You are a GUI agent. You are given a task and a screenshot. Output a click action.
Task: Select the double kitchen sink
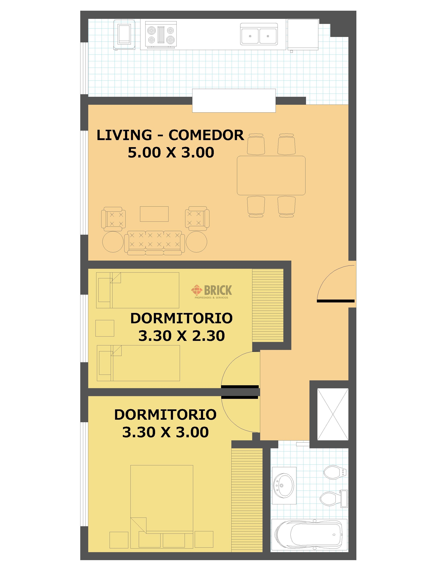click(258, 34)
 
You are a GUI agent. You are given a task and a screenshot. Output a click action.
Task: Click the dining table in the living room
click(271, 175)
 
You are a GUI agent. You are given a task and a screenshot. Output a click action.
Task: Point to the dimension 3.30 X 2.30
click(182, 336)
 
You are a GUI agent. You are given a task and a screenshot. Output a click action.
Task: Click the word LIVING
click(124, 135)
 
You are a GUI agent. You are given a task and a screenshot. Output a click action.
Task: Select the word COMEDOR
click(206, 135)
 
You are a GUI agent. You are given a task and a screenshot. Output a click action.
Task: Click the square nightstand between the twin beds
click(105, 328)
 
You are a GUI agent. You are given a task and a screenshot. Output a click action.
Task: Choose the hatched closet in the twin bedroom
click(268, 305)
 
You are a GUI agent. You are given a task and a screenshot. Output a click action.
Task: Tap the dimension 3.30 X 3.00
click(165, 432)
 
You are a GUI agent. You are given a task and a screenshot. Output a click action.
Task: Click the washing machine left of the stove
click(124, 34)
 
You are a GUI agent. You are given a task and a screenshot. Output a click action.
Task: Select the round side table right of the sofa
click(197, 242)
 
